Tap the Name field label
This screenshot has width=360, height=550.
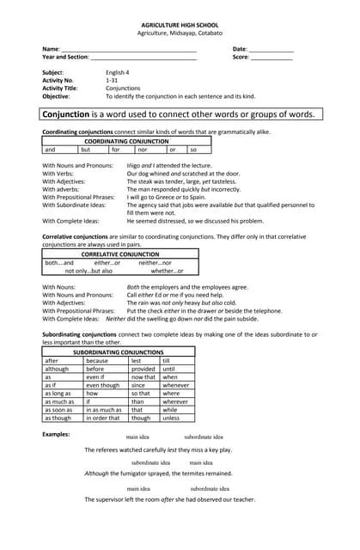pos(51,49)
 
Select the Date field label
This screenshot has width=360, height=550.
pos(240,49)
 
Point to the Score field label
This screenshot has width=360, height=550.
pos(241,58)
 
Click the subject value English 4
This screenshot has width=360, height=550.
pos(118,72)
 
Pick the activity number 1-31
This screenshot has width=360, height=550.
pos(112,80)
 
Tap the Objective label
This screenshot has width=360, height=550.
pos(58,95)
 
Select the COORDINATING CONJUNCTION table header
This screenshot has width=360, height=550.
pos(126,141)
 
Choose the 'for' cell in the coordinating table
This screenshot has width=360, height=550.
pos(116,150)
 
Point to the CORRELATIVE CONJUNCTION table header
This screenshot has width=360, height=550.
pos(119,254)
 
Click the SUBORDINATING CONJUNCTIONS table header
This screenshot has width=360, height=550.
pos(118,352)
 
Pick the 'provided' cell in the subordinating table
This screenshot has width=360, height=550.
pos(143,369)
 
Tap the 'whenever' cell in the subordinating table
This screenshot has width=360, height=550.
pos(175,386)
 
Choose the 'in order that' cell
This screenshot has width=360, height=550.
pos(103,419)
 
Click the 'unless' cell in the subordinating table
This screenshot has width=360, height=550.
pos(171,419)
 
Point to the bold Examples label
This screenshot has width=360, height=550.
pos(56,434)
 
